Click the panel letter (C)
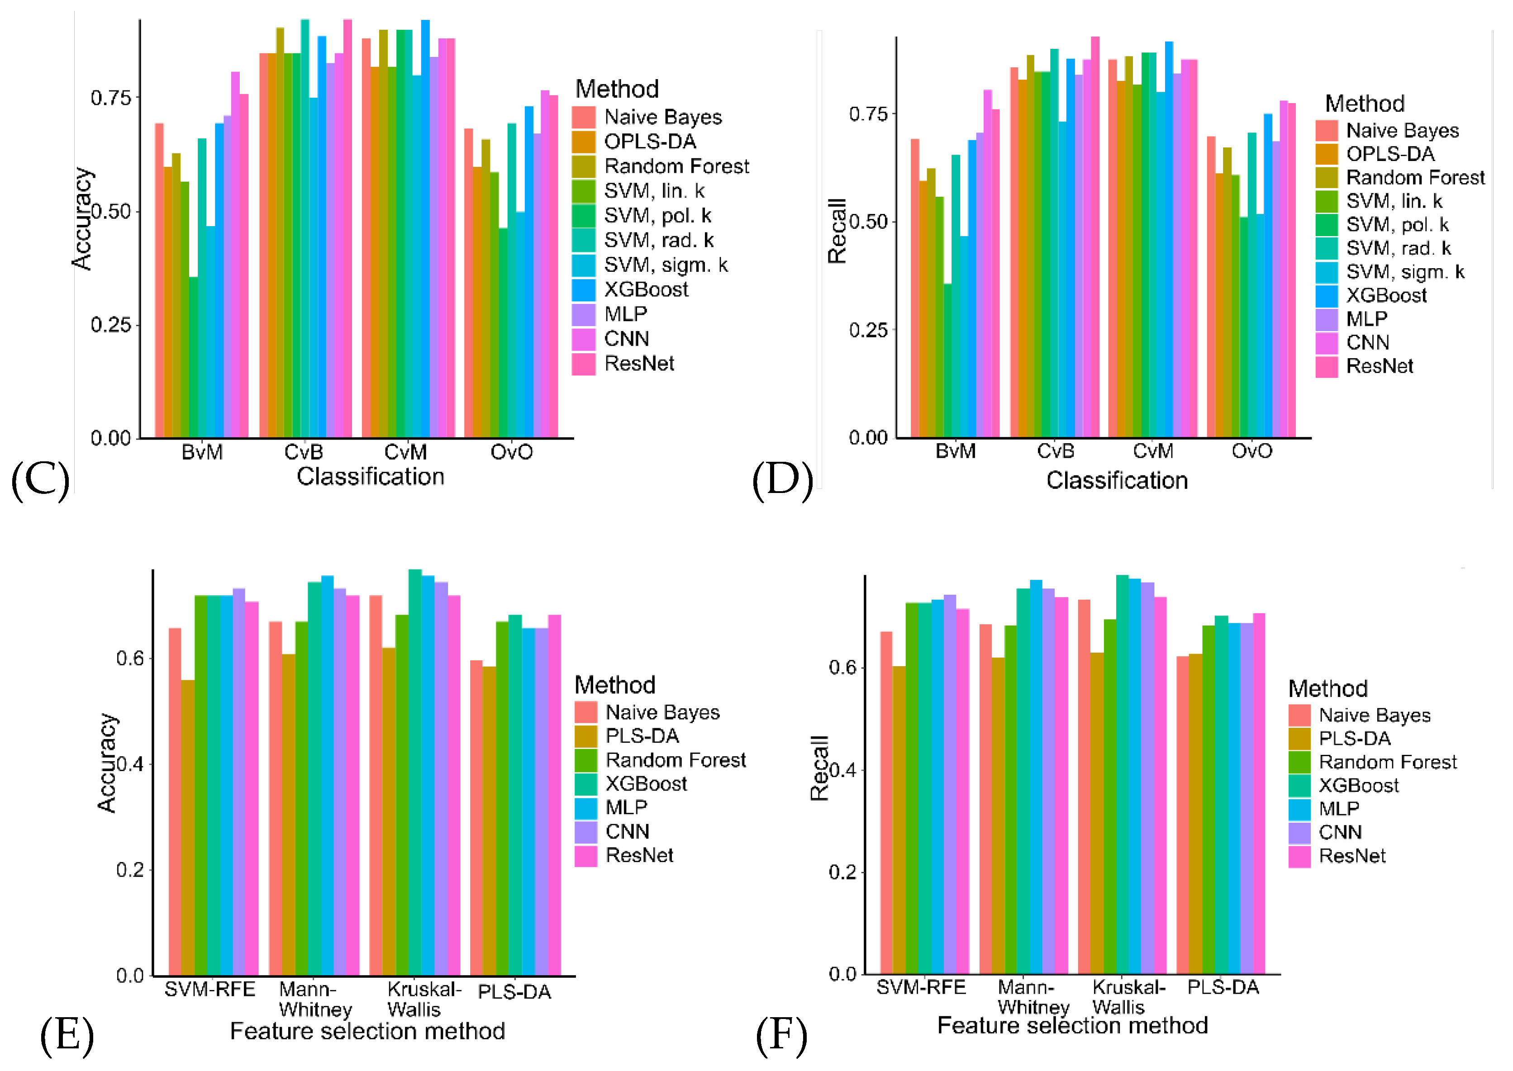coord(40,480)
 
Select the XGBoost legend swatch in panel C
coord(583,289)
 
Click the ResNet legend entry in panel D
coord(1379,366)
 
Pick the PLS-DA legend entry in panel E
coord(642,736)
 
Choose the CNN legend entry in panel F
coord(1340,832)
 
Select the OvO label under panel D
coord(1251,451)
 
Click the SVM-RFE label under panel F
coord(921,988)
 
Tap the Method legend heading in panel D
coord(1364,104)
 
